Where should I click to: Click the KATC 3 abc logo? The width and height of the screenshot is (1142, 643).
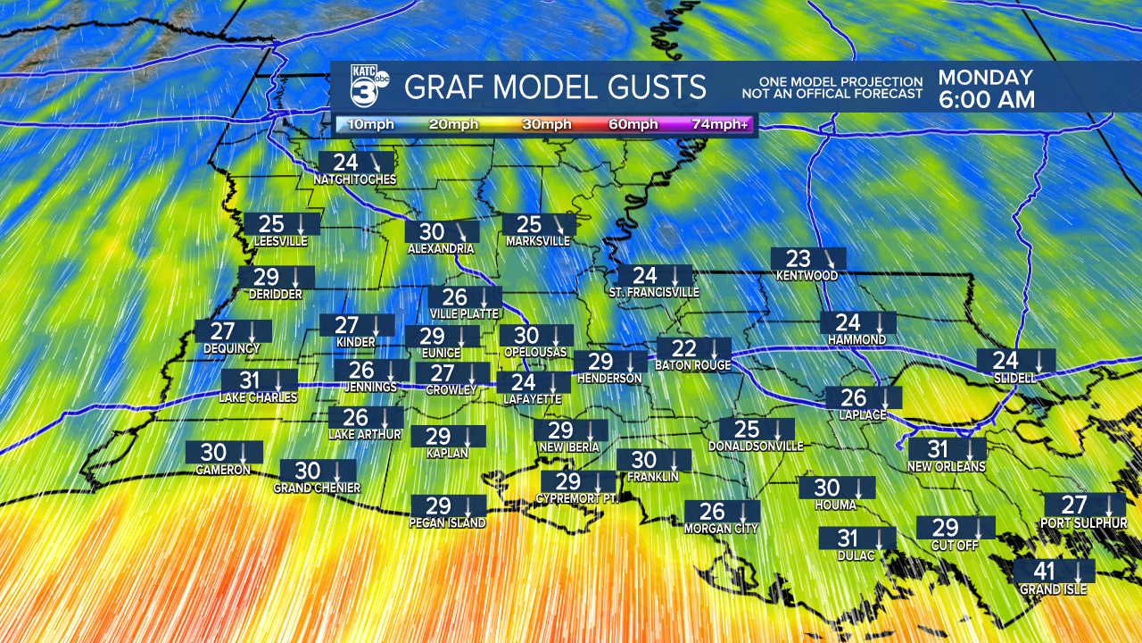[368, 87]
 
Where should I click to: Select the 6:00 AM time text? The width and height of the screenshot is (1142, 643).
[986, 99]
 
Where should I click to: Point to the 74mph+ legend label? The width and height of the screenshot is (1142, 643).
[719, 124]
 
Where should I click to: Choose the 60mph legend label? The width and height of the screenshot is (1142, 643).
[633, 124]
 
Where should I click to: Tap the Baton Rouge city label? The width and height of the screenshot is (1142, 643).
[692, 365]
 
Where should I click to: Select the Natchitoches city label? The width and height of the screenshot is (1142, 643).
[354, 180]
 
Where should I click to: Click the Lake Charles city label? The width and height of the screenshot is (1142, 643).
[258, 397]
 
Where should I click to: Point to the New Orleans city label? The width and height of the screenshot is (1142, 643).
[946, 466]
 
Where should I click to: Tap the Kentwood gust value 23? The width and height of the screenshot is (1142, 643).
[798, 259]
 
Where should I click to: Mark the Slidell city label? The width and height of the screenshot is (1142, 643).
[1014, 378]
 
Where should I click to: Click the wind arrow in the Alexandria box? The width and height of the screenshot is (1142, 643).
[461, 231]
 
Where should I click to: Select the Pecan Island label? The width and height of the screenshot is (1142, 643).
[448, 523]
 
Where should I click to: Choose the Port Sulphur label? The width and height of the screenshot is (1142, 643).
[1083, 522]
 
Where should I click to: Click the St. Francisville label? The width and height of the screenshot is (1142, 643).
[653, 292]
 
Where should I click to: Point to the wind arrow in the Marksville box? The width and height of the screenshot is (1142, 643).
[559, 224]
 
